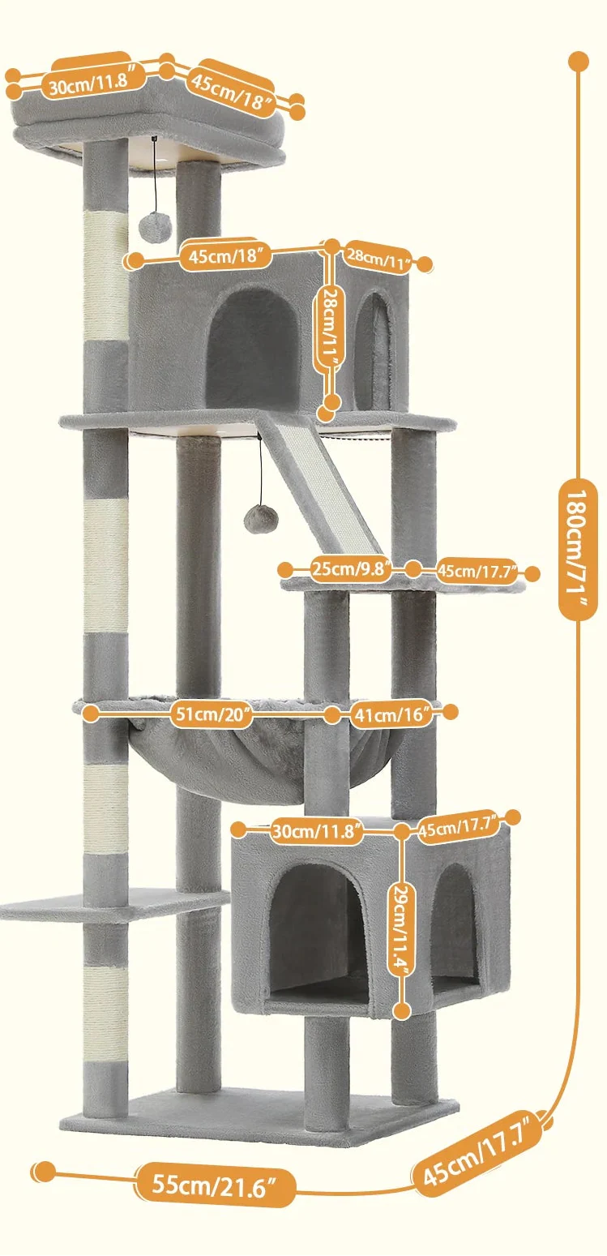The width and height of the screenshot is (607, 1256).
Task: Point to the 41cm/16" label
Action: (391, 715)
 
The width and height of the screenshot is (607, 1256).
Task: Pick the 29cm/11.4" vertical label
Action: (401, 920)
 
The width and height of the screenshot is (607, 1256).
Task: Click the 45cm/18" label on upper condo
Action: (226, 257)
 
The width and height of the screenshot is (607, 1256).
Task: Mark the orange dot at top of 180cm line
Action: (579, 61)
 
